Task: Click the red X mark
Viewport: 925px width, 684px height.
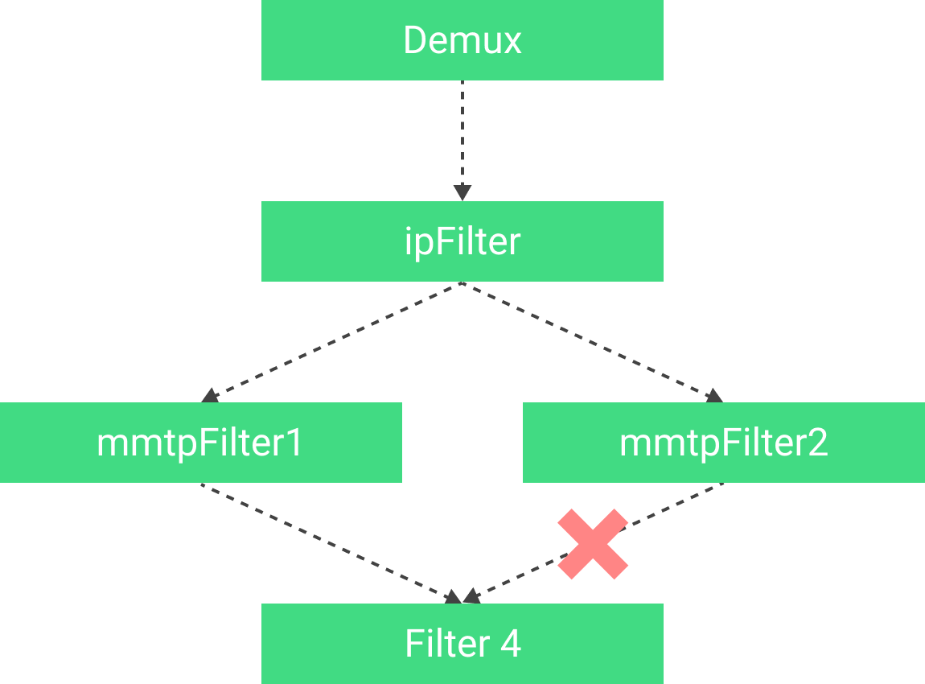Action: pos(593,544)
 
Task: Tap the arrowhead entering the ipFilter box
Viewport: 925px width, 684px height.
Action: pos(462,193)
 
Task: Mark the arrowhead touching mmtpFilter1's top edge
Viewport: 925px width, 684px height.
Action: pos(211,395)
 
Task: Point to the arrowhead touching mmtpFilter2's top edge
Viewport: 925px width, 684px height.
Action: pos(714,395)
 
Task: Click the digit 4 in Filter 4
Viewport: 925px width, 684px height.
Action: pos(510,644)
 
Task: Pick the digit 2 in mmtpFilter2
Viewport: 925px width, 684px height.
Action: pos(817,443)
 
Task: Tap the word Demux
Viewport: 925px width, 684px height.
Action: pos(462,40)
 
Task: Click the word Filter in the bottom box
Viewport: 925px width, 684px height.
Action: pos(447,644)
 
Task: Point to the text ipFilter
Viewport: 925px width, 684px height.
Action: pos(462,241)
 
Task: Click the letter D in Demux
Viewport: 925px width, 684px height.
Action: pos(414,40)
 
